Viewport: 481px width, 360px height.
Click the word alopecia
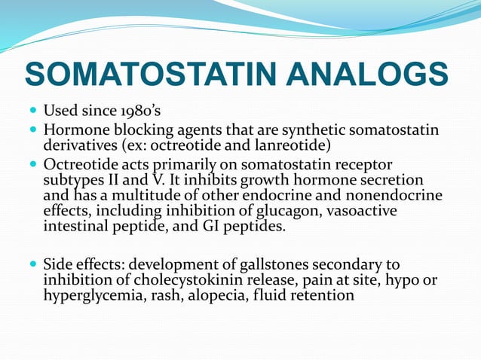[210, 295]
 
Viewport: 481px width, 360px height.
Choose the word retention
[323, 295]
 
